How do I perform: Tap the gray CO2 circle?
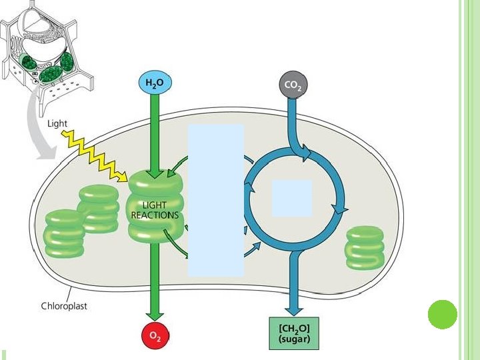point(291,84)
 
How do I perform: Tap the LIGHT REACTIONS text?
point(155,210)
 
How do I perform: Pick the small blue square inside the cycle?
point(291,197)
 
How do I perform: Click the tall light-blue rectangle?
point(215,200)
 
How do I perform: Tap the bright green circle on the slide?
point(441,314)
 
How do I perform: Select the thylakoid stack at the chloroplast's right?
point(365,247)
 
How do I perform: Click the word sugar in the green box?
point(293,339)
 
